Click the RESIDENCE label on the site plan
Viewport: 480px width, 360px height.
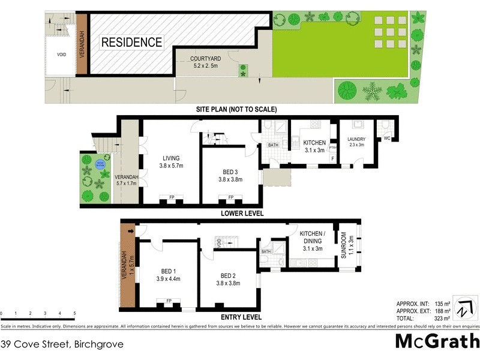[x=131, y=43]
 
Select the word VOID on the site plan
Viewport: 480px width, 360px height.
[x=62, y=55]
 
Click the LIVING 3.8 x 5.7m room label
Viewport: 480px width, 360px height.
[x=171, y=161]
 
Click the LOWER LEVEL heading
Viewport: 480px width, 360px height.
[x=242, y=213]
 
